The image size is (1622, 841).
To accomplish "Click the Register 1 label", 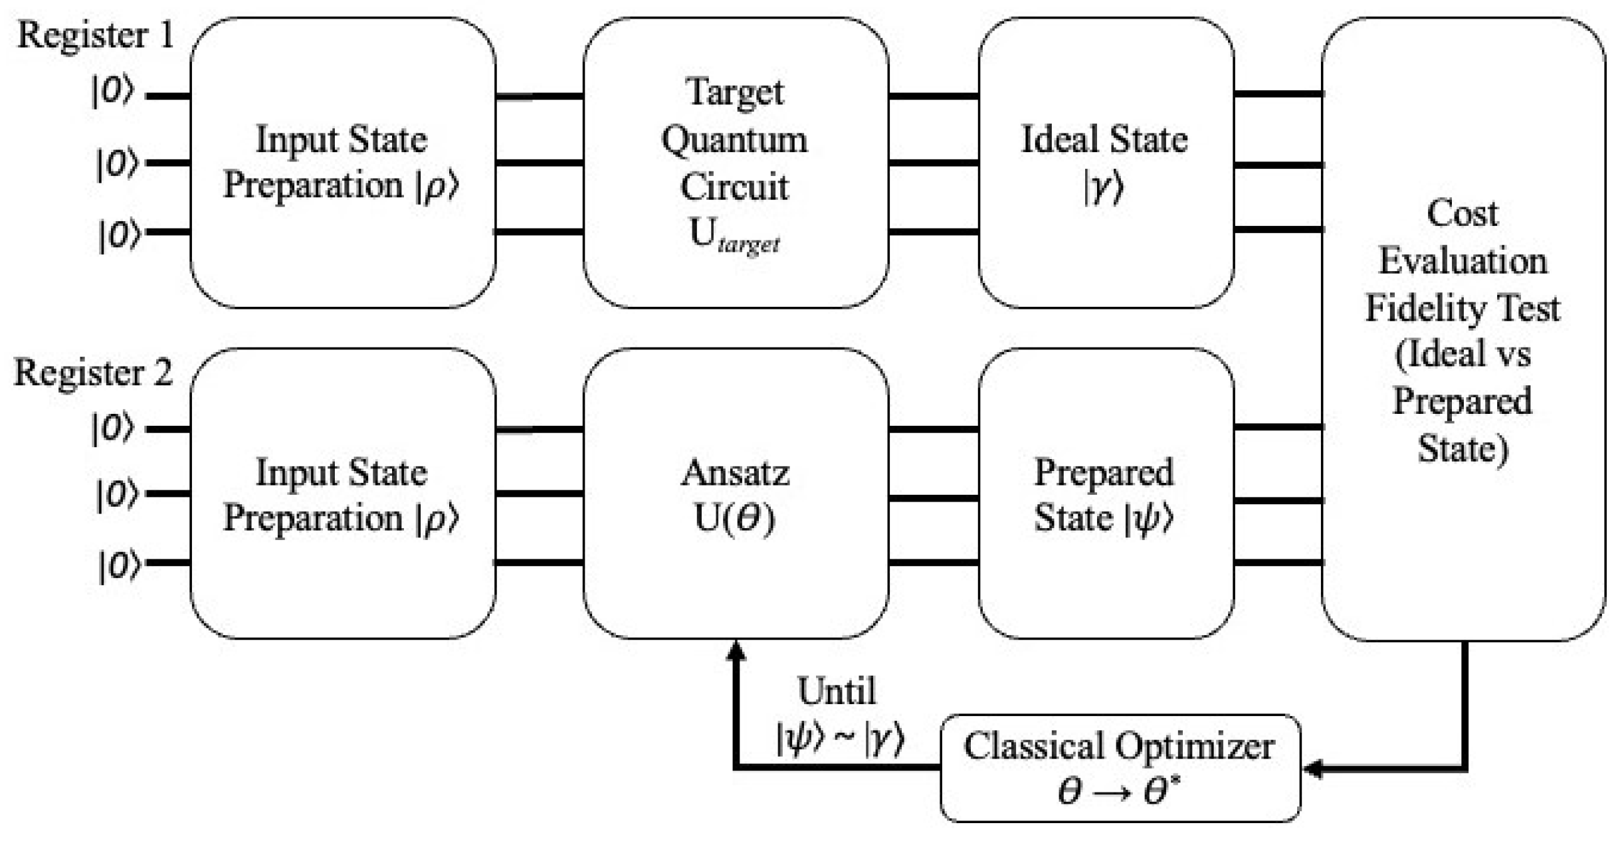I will pos(95,35).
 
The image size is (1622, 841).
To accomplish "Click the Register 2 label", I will pos(93,372).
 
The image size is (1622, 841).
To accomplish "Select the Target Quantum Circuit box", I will pos(735,163).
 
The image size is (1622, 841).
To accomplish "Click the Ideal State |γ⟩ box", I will pos(1105,163).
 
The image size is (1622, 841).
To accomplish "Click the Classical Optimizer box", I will pos(1120,767).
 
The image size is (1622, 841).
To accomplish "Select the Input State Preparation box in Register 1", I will pos(342,163).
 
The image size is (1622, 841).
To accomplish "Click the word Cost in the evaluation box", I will pos(1462,214).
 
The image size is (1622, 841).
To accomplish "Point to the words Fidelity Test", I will pos(1462,308).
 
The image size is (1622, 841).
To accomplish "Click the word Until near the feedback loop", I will pos(837,691).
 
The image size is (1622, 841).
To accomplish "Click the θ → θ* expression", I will pos(1120,791).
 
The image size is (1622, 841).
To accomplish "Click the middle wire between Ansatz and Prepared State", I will pos(933,498).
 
